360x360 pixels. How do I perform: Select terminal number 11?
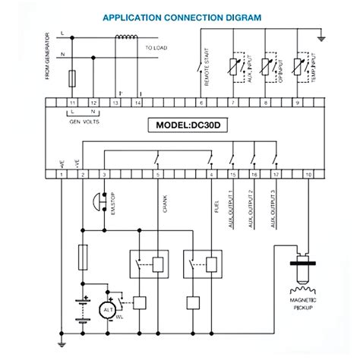pos(73,101)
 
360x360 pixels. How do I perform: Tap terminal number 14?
pos(137,101)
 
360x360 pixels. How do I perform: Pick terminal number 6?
pos(201,101)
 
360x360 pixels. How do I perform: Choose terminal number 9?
pos(297,101)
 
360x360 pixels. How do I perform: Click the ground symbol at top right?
pos(322,36)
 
